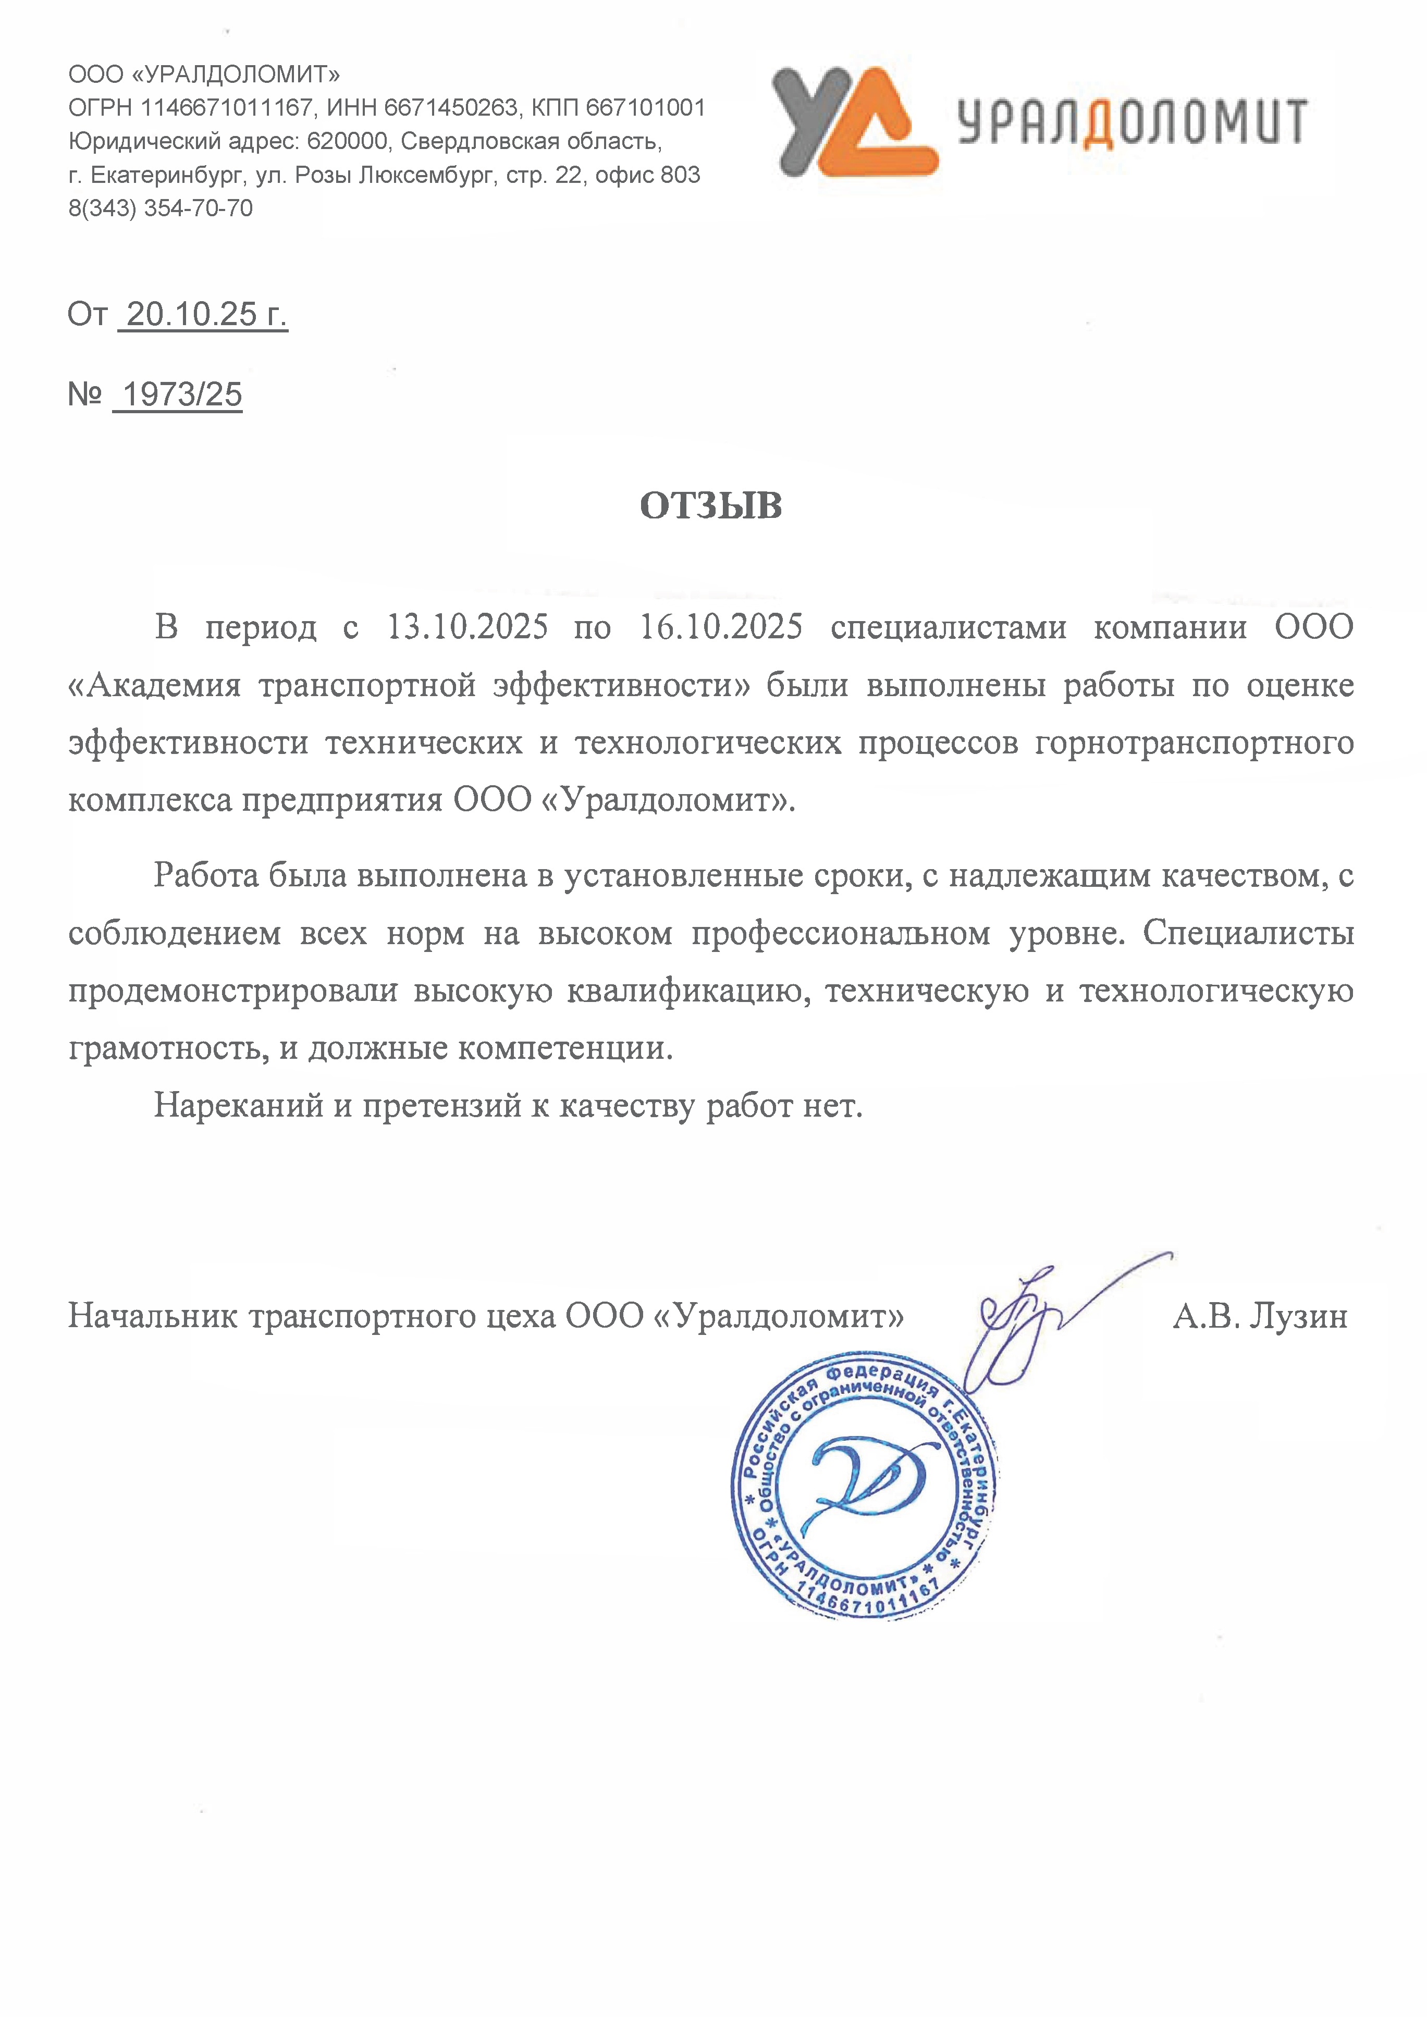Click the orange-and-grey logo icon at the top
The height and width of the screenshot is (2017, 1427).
854,122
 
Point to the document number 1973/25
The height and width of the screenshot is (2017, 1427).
182,394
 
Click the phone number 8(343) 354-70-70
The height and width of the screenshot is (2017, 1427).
161,208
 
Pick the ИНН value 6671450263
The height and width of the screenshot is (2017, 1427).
451,107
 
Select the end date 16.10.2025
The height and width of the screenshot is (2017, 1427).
720,627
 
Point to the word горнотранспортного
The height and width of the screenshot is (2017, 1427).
1194,743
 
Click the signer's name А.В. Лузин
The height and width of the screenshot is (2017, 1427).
1259,1316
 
